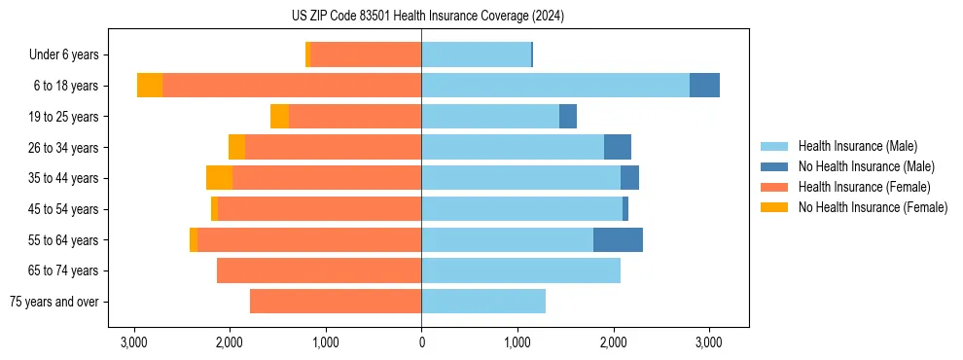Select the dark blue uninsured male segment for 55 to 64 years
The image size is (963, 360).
[618, 239]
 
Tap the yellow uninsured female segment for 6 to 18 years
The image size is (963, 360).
[150, 86]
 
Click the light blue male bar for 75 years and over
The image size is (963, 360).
[483, 302]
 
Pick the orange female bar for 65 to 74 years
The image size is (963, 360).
[319, 270]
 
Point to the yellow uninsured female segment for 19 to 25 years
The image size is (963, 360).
[279, 117]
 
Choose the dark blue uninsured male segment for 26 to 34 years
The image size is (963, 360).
[618, 147]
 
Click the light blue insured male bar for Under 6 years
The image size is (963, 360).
[476, 54]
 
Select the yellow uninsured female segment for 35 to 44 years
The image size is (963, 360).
[219, 178]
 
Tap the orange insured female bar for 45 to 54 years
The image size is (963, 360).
[319, 209]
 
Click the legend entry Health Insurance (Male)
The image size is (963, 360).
[857, 146]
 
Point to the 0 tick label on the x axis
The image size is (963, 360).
[421, 342]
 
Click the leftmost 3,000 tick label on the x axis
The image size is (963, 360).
[133, 342]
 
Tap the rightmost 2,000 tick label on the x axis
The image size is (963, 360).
[613, 342]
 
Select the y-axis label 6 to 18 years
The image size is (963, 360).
[64, 86]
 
